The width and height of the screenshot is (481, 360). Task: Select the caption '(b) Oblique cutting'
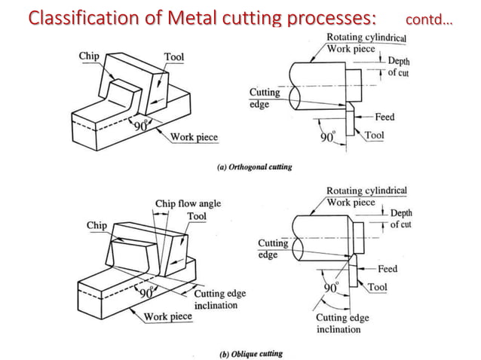(x=251, y=352)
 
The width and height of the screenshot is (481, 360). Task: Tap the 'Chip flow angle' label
(x=188, y=203)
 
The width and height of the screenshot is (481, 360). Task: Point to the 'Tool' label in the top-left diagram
(x=174, y=57)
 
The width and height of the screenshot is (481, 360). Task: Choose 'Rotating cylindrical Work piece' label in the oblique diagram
(x=366, y=197)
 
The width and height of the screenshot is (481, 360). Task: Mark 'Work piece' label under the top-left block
(x=195, y=137)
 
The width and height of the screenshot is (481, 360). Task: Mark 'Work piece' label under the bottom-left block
(x=168, y=316)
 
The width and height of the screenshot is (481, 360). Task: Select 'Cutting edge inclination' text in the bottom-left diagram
(x=219, y=299)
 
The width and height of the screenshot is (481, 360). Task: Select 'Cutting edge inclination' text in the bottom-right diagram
(x=342, y=323)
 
